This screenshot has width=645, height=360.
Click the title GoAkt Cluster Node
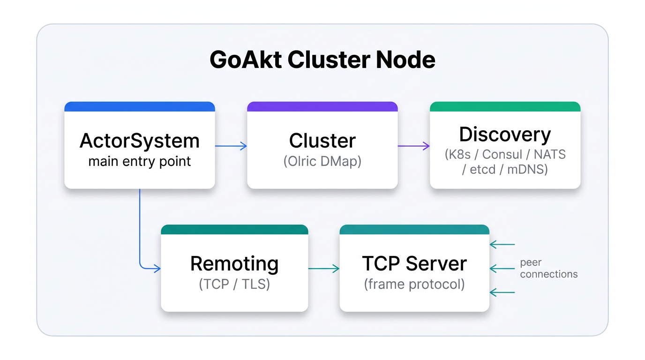(322, 60)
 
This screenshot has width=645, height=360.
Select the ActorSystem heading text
(140, 141)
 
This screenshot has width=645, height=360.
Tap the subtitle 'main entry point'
(140, 162)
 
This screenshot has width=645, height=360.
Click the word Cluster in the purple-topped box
(322, 141)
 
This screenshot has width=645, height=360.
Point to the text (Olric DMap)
(322, 162)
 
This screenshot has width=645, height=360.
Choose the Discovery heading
(505, 135)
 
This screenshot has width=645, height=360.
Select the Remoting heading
(234, 264)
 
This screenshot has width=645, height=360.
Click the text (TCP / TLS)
(234, 285)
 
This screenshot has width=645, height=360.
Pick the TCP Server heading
(414, 264)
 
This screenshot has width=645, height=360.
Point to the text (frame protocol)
(414, 285)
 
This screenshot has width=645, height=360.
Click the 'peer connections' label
(548, 269)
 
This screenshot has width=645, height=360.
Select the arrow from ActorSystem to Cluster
(231, 146)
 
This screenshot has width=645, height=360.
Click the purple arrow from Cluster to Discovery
(413, 146)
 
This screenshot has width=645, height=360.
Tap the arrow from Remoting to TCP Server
(323, 269)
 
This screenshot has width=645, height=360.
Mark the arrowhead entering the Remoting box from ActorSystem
(157, 269)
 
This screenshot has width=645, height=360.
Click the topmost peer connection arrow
(502, 244)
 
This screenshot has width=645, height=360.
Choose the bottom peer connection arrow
(502, 292)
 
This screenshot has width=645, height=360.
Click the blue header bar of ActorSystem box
(140, 107)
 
